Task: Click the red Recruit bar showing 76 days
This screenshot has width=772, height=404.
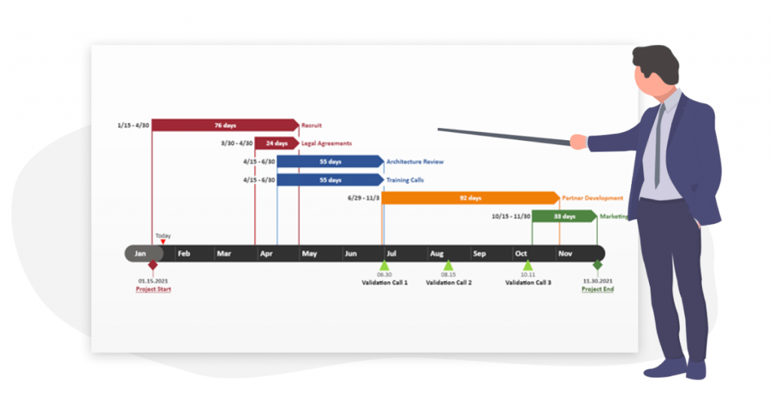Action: tap(225, 124)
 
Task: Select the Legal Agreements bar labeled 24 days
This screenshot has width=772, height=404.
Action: tap(276, 142)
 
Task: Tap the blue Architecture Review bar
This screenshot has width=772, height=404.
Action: tap(329, 161)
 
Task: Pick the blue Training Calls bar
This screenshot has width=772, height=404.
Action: tap(329, 180)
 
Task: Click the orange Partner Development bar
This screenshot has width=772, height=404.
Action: tap(470, 198)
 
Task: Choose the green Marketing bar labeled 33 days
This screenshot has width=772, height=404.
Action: tap(564, 216)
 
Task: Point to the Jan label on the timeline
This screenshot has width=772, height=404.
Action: tap(140, 253)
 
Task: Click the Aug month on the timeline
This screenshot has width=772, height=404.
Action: tap(437, 253)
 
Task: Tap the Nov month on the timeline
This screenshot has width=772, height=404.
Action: tap(565, 253)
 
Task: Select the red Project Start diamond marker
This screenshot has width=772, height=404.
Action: tap(153, 265)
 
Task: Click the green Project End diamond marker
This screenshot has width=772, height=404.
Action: tap(598, 265)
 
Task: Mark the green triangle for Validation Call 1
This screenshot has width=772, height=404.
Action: tap(384, 265)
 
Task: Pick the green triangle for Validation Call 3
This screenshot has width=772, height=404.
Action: tap(528, 265)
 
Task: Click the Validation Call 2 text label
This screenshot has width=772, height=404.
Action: tap(449, 283)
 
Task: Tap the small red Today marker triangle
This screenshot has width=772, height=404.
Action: tap(163, 242)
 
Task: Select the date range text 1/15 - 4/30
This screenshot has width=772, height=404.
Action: tap(133, 124)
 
